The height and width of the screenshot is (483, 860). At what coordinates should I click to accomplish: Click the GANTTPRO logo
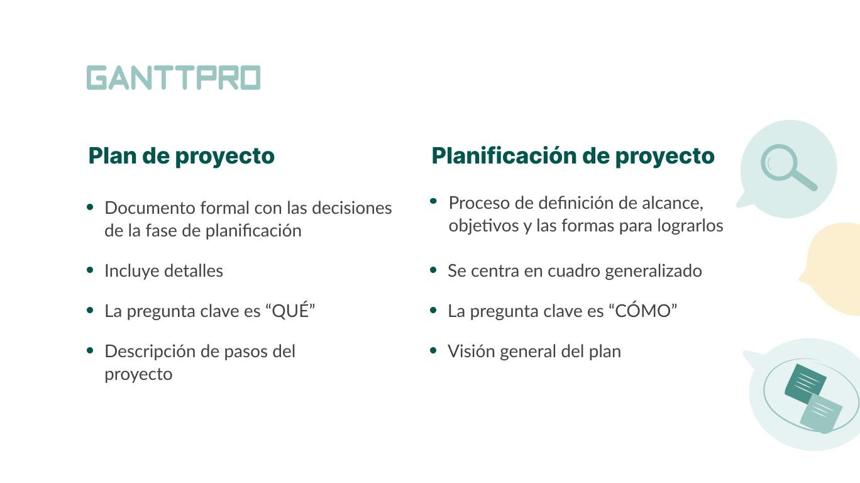(x=174, y=77)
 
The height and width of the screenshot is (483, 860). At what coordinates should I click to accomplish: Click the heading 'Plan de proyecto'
(x=181, y=156)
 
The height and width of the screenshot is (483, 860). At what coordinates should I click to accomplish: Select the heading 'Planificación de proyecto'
(x=573, y=156)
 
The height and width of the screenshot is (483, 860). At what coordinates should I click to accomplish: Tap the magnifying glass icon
(x=788, y=167)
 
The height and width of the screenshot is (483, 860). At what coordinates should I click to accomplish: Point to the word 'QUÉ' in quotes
(x=290, y=310)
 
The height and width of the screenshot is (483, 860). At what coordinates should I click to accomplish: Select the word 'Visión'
(x=471, y=352)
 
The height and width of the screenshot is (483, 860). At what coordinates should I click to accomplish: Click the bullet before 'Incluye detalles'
(x=91, y=270)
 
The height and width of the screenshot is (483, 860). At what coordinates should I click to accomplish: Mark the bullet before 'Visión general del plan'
(x=433, y=350)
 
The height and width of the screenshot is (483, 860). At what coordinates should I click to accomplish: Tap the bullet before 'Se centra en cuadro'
(x=433, y=270)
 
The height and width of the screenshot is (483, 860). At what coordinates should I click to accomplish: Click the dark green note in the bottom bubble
(x=805, y=381)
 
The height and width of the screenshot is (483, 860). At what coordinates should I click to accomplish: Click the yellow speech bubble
(x=833, y=269)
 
